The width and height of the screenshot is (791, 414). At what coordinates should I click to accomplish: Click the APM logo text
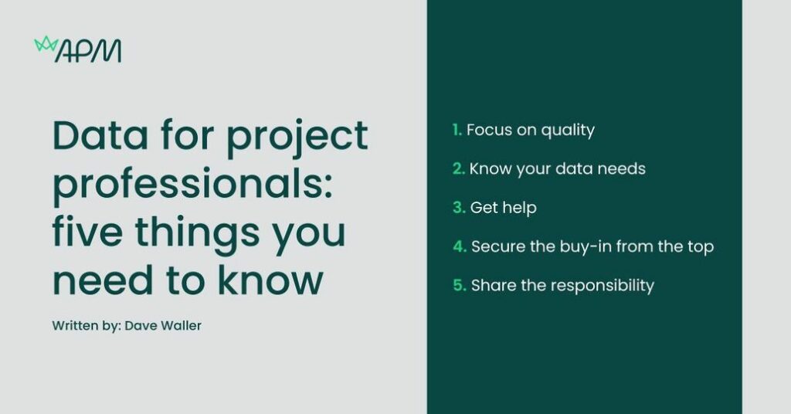88,51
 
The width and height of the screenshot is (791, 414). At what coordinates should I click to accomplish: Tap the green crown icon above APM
46,44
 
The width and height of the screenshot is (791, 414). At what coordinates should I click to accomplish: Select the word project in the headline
297,139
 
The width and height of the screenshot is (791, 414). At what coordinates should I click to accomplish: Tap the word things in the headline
197,235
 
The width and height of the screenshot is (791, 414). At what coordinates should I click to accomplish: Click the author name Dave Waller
163,326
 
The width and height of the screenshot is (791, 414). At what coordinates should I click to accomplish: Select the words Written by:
87,326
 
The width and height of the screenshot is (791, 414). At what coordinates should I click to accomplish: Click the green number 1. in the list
457,130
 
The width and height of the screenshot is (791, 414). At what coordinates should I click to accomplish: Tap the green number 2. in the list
459,169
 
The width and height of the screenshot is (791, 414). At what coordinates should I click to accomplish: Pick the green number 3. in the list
459,208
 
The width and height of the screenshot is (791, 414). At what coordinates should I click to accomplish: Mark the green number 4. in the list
460,246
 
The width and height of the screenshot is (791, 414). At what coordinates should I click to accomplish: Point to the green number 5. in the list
460,286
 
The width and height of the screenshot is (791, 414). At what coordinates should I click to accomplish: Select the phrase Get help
503,209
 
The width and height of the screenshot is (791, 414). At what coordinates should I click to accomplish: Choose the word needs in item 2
621,169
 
